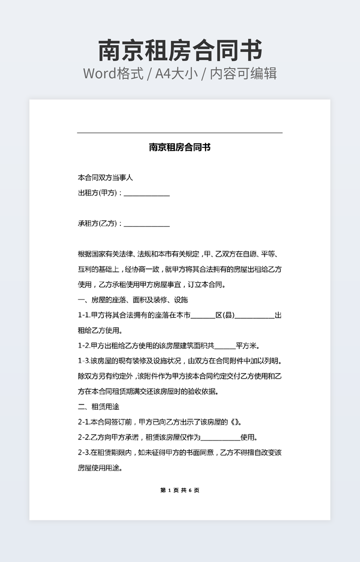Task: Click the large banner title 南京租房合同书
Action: (180, 51)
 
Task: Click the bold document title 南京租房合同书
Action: (180, 147)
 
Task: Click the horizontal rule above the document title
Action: (180, 133)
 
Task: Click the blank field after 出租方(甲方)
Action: (146, 193)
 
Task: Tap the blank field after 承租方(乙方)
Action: (146, 224)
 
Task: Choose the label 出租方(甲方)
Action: (98, 193)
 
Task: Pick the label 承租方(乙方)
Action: (98, 224)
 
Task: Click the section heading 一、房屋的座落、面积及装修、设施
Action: (133, 300)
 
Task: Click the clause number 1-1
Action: (84, 316)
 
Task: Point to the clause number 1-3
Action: (84, 361)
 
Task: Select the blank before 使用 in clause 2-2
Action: (220, 438)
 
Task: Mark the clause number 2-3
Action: (84, 453)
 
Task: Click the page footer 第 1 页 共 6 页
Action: (180, 490)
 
